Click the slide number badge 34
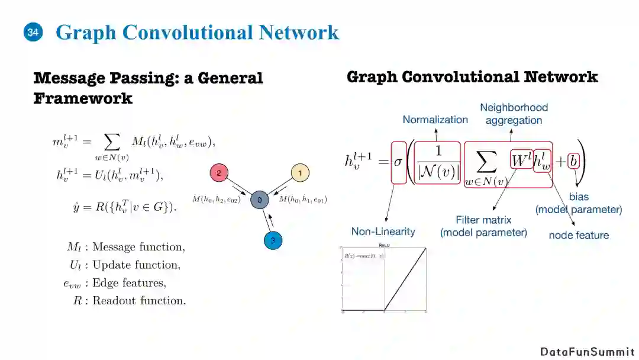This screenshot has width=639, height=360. pos(33,33)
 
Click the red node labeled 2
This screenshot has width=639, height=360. pos(219,173)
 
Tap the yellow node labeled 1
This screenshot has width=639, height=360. pos(300,173)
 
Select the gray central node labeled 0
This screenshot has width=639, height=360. pos(259,200)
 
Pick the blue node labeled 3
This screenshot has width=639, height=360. pos(273,240)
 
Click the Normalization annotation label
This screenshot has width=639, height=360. pos(435,120)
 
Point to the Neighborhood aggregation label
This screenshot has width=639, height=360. pos(514,114)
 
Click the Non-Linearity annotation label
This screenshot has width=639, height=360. pos(383,232)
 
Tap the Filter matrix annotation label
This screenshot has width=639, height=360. pos(483,226)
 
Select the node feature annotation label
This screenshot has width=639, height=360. pos(579,235)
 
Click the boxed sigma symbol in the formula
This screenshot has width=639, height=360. pos(398,161)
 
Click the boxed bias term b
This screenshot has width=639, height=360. pos(572,160)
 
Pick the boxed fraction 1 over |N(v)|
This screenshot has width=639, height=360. pos(438,161)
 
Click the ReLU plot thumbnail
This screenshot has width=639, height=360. pos(383,278)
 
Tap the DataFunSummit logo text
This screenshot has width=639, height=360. pos(587,352)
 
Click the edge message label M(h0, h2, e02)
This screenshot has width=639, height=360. pos(217,200)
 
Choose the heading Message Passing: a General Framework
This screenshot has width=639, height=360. pos(148,88)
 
